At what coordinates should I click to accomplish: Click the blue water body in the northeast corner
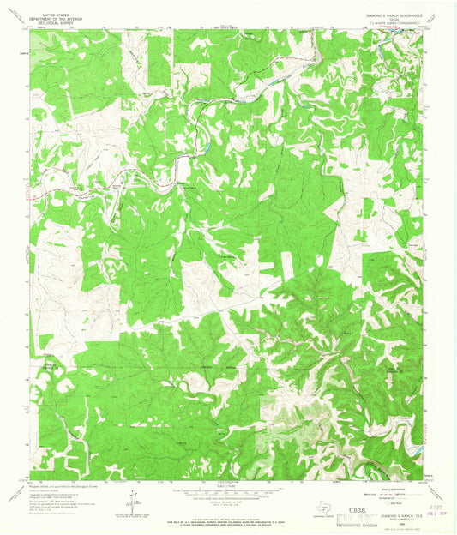(396, 39)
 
